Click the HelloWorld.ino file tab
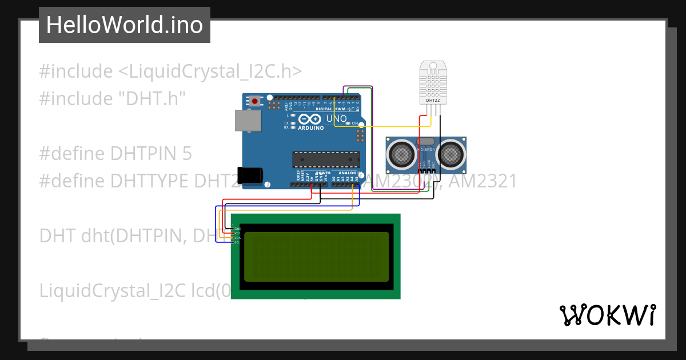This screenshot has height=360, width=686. coord(125,25)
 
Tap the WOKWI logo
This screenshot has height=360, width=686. coord(607,315)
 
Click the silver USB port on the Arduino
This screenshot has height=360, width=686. coord(248,121)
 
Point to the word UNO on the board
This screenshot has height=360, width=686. coord(336,119)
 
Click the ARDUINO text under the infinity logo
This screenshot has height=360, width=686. coord(310,128)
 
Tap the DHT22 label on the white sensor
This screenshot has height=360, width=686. coord(433,101)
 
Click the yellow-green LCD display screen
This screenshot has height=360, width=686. coord(316,257)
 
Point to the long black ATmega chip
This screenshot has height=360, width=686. coord(326,159)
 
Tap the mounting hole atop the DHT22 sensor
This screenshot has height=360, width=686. coord(433,65)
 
